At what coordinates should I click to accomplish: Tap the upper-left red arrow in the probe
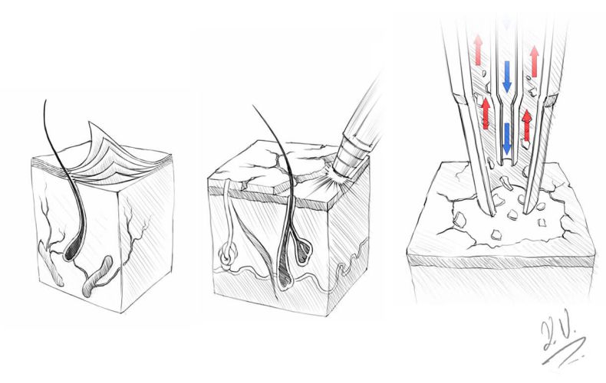pos(478,50)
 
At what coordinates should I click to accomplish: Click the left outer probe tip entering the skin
pos(484,207)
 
